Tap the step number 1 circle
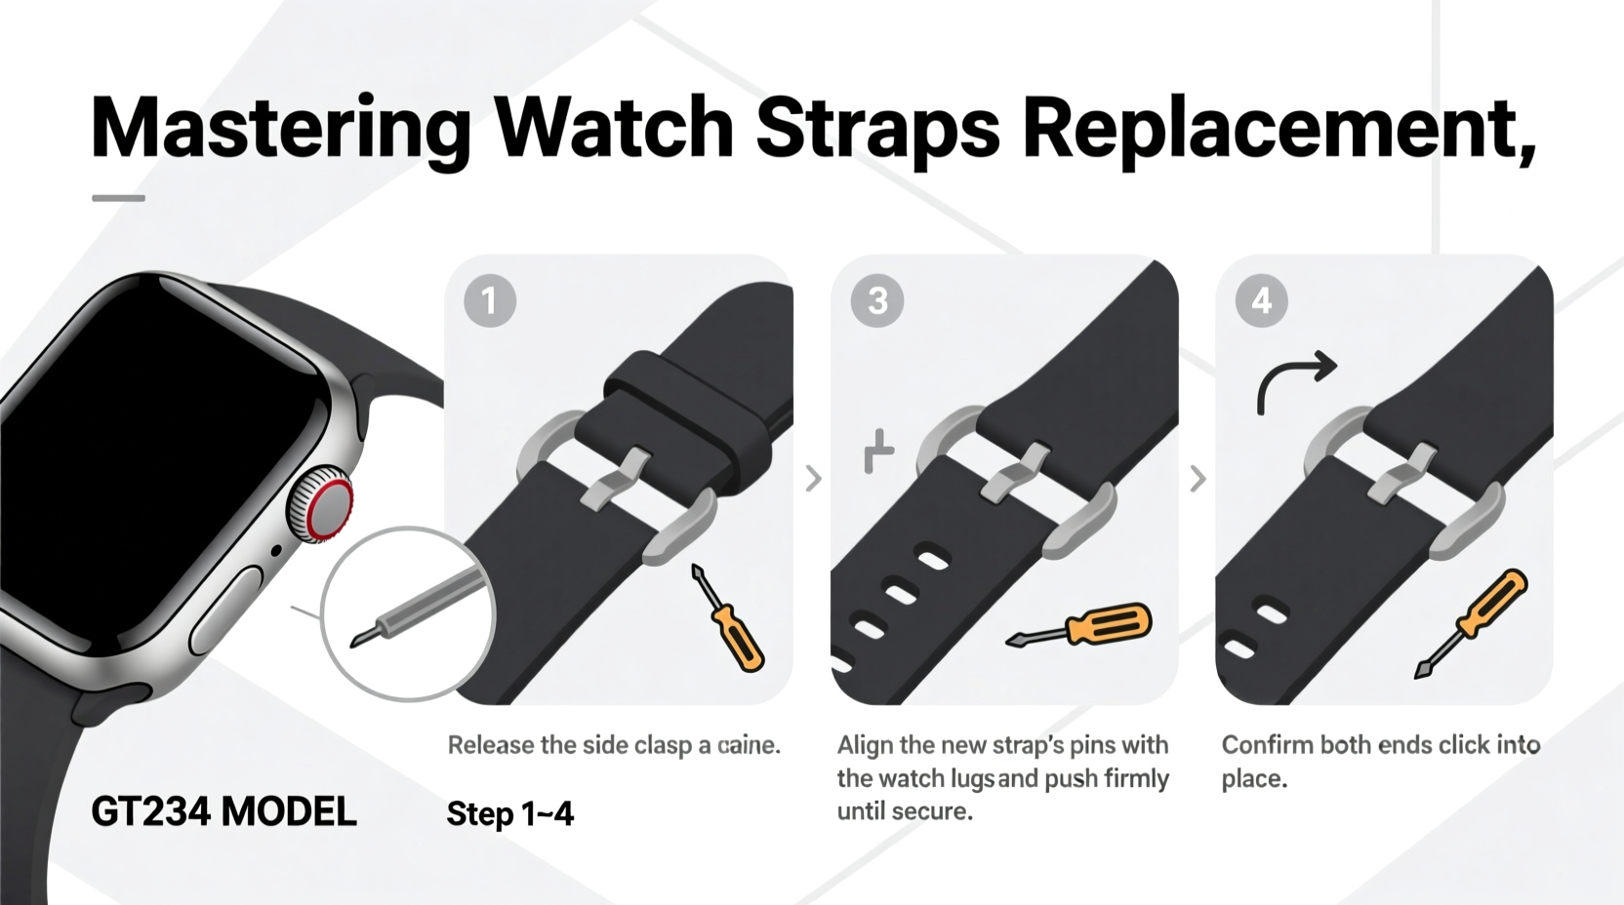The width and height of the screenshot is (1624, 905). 489,300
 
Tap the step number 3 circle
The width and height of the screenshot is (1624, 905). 876,300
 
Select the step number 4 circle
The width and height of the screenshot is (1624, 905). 1261,300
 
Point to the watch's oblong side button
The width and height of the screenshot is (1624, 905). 224,611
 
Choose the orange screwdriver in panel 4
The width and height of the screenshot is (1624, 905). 1474,622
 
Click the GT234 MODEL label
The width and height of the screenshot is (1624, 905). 223,811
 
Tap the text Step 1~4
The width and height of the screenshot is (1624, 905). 509,813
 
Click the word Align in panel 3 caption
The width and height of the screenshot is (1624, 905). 865,745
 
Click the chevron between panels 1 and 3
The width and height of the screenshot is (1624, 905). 813,478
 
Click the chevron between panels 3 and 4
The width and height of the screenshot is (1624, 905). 1198,478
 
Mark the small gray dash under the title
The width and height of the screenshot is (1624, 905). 118,198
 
